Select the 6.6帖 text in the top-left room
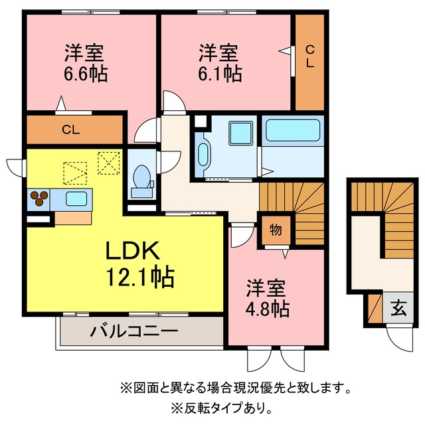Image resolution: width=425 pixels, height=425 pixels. [86, 74]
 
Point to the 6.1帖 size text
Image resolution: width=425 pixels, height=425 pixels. [220, 74]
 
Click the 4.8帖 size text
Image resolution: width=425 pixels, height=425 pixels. [267, 309]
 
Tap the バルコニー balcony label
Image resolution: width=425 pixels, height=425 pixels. [134, 331]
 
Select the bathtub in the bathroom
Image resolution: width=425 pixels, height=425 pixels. [293, 130]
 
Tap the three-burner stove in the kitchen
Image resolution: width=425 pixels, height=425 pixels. [39, 199]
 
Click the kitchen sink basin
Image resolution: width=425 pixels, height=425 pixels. [76, 199]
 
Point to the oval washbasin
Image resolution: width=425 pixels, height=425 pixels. [203, 155]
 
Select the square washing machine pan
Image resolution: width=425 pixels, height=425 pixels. [240, 133]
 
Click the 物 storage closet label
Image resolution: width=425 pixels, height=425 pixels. [276, 230]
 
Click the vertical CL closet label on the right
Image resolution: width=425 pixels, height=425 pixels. [310, 56]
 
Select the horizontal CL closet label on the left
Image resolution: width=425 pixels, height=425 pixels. [71, 130]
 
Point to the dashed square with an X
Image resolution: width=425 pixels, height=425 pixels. [109, 163]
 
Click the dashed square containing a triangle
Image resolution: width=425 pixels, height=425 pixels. [75, 173]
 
